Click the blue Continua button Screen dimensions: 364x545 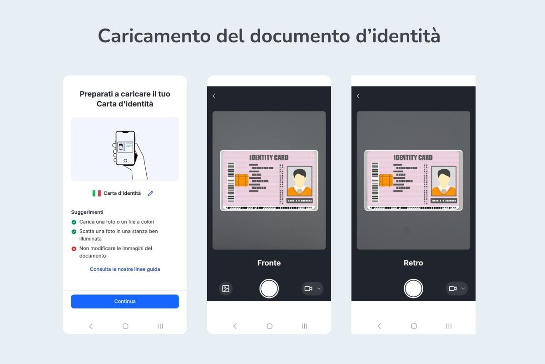tap(125, 301)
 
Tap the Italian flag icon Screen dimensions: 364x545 tap(96, 193)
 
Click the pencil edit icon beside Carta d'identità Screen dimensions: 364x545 tap(151, 193)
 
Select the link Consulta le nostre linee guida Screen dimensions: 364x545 tap(125, 269)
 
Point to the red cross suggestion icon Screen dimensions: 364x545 tap(74, 248)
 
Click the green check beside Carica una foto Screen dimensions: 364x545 tap(74, 222)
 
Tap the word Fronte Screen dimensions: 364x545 tap(269, 263)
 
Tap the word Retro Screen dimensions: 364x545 tap(413, 263)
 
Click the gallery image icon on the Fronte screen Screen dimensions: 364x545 tap(226, 288)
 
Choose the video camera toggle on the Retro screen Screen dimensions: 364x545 tap(456, 288)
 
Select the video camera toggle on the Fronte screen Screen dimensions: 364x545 tap(312, 288)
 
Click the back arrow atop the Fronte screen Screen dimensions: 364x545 tap(214, 96)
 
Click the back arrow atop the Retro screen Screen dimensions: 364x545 tap(358, 96)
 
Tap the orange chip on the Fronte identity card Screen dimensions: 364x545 tap(242, 180)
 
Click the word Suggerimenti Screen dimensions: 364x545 tap(87, 212)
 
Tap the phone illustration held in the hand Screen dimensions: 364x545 tap(125, 148)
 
